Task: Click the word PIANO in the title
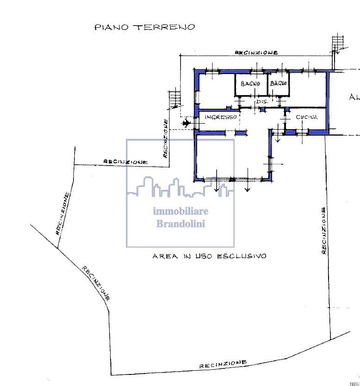112,27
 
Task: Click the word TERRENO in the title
164,27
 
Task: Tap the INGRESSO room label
221,117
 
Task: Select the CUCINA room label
307,117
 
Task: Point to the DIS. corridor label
262,101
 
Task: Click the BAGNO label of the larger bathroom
250,84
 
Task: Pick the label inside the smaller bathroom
279,83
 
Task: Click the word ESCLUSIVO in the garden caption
242,256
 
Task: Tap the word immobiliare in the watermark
180,211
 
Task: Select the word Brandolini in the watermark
180,224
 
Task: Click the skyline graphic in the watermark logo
180,187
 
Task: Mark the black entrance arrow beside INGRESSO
186,123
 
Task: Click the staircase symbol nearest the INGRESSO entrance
175,99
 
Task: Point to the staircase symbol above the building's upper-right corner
338,44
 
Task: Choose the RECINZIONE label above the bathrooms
256,53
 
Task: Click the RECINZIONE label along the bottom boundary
223,364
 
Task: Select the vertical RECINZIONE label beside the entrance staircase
166,138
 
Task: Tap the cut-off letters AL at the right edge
354,97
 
